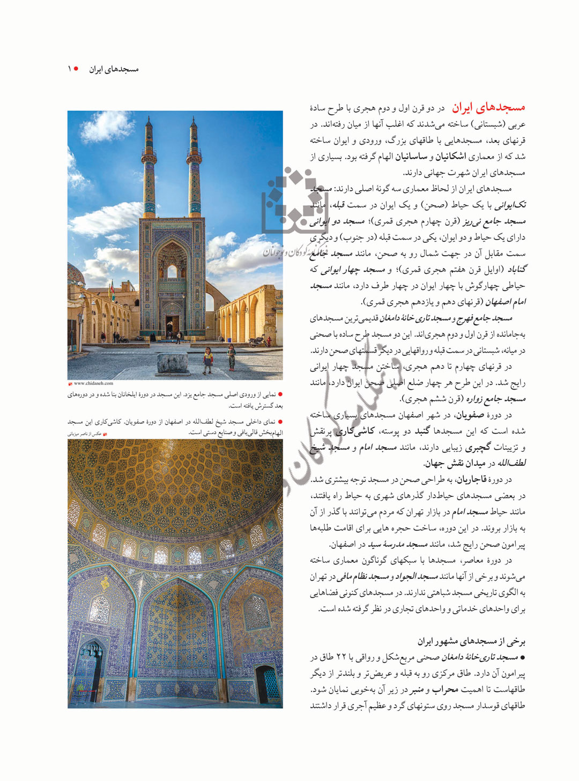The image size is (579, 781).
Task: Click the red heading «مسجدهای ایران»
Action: tap(488, 108)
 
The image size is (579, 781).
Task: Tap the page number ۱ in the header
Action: tap(69, 69)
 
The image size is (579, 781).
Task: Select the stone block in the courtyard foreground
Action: tap(173, 363)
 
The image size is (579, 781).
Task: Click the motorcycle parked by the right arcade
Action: tap(257, 340)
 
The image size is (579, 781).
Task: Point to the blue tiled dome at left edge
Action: tap(75, 273)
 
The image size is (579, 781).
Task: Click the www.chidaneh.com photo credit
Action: tap(93, 383)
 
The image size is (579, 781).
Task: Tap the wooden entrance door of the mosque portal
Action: tap(173, 325)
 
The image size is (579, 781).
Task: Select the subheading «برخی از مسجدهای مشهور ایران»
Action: tap(471, 641)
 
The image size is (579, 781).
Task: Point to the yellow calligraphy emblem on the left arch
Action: tap(105, 583)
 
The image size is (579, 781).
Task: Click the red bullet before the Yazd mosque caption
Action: tap(280, 395)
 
